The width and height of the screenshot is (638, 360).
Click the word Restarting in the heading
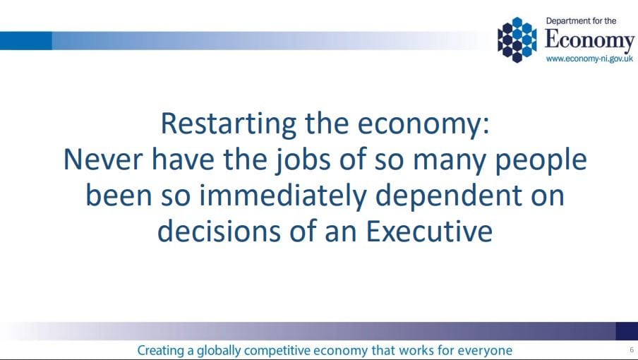point(229,124)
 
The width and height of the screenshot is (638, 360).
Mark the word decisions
point(219,231)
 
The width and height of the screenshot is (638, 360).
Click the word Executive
point(429,231)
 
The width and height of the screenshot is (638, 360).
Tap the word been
point(119,196)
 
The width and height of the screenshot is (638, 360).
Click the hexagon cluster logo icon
point(517,40)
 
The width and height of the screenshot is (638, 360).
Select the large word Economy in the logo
point(589,41)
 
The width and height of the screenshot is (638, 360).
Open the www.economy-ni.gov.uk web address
point(589,59)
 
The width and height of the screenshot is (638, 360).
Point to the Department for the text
point(581,21)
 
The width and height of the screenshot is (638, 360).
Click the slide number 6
point(632,350)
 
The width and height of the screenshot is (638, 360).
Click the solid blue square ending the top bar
point(26,41)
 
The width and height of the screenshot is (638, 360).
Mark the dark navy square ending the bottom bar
point(627,331)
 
